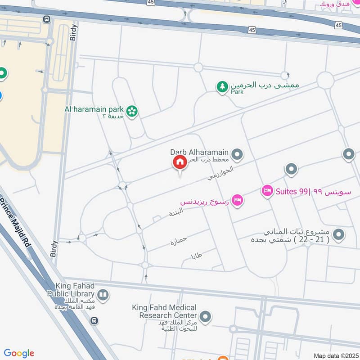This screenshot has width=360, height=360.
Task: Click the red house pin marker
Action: (180, 162)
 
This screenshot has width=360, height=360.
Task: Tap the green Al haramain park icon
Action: (132, 111)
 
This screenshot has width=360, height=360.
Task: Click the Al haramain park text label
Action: (94, 109)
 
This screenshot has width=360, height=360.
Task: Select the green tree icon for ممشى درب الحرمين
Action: (222, 87)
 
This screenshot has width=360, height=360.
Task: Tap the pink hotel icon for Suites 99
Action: (267, 191)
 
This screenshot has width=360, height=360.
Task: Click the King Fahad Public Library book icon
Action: (103, 295)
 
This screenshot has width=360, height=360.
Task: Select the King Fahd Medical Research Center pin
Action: (205, 317)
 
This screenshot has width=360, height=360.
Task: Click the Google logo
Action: (19, 353)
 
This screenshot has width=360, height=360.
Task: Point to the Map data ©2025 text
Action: (335, 356)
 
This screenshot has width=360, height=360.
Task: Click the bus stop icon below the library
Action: (94, 320)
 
